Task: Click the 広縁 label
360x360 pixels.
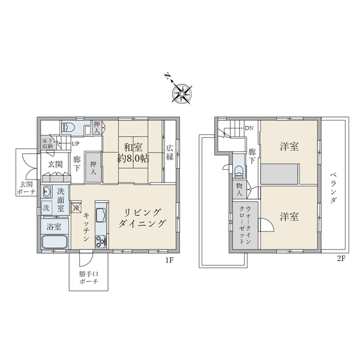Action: (x=170, y=152)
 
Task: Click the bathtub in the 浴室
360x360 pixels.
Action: (x=54, y=244)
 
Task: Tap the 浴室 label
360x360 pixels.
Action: (x=54, y=227)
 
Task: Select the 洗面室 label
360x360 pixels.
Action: (x=61, y=200)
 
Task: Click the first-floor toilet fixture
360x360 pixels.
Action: (x=68, y=127)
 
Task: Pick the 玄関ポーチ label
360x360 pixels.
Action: (x=25, y=188)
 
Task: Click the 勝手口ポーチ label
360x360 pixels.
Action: (x=89, y=280)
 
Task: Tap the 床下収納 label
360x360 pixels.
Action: (x=47, y=143)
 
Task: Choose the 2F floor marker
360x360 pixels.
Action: (x=343, y=260)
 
